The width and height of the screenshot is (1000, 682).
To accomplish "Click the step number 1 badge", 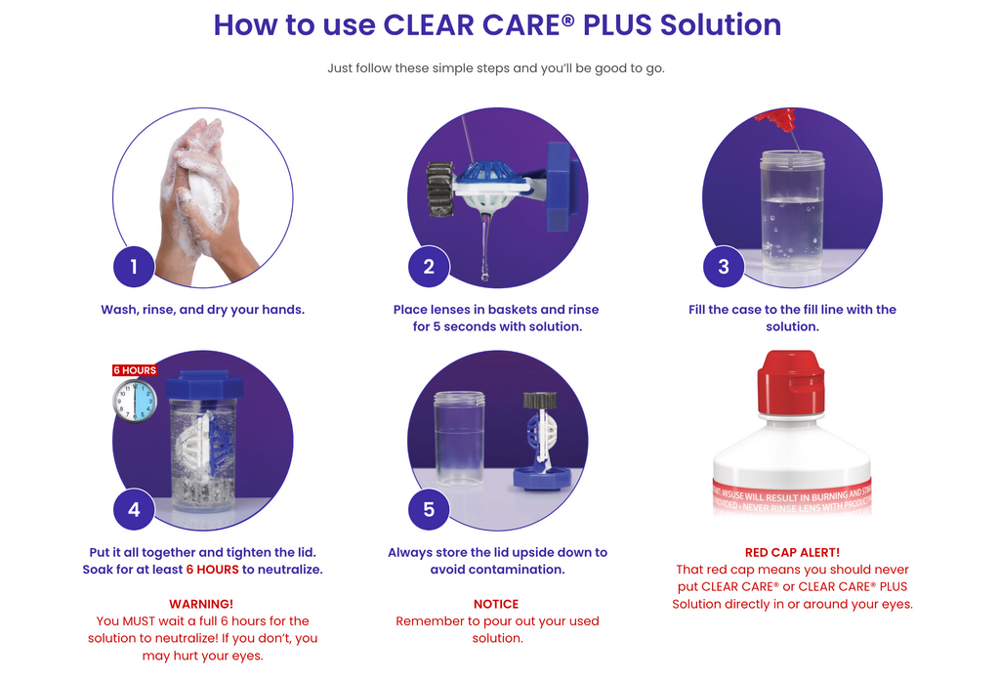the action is coord(134,266).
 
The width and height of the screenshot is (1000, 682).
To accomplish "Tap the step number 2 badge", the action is coord(429,266).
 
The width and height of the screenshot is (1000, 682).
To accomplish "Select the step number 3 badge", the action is coord(724,266).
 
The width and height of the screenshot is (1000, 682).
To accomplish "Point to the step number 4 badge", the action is coord(134,509).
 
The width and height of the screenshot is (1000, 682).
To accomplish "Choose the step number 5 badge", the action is coord(429,509).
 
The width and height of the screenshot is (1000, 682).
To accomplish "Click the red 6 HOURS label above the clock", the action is coord(135,370).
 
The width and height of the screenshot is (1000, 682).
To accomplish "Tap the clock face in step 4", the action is coord(135,401).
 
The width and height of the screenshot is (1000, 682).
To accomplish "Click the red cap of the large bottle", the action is coord(791,381).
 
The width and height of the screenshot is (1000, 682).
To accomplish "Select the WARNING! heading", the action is coord(201,604).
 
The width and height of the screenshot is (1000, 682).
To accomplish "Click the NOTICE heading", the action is coord(496,604).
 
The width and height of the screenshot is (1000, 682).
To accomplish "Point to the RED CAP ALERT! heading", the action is coord(792,552).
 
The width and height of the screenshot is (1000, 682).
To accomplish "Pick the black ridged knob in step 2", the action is coord(440,189).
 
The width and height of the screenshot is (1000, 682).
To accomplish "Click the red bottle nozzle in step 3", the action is coord(776,119).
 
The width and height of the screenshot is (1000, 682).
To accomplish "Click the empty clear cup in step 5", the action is coord(459,439).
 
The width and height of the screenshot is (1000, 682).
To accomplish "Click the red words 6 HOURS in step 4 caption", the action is coord(212,569).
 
